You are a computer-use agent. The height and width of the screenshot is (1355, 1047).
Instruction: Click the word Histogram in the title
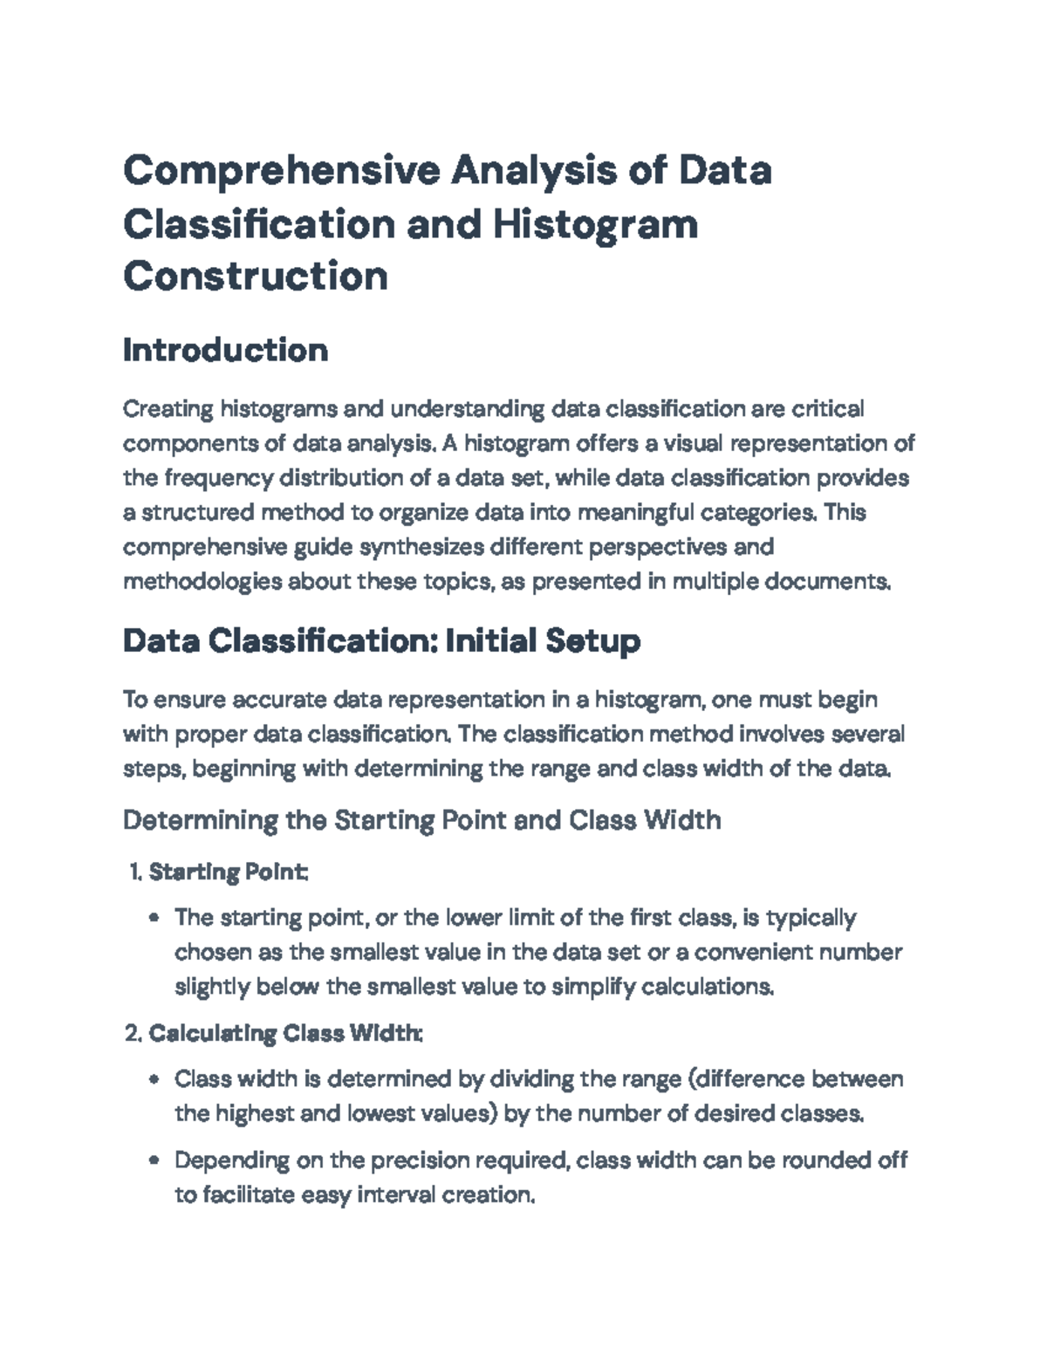595,223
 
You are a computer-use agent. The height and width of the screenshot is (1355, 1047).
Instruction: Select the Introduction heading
225,350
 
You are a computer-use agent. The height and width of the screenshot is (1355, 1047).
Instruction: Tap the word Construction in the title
255,277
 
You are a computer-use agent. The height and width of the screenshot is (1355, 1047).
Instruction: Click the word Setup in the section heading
592,641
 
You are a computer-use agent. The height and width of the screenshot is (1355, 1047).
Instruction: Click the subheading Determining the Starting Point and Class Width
421,820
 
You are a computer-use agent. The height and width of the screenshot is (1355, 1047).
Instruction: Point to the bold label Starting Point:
228,872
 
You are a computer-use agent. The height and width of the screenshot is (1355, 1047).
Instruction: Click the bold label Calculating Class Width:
286,1034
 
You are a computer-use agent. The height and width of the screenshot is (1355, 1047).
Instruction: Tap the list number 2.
132,1034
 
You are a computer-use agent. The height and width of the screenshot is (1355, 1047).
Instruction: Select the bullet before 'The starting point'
154,918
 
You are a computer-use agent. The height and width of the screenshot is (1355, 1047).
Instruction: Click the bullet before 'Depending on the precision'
154,1160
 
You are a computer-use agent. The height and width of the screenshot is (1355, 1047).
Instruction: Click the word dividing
530,1079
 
